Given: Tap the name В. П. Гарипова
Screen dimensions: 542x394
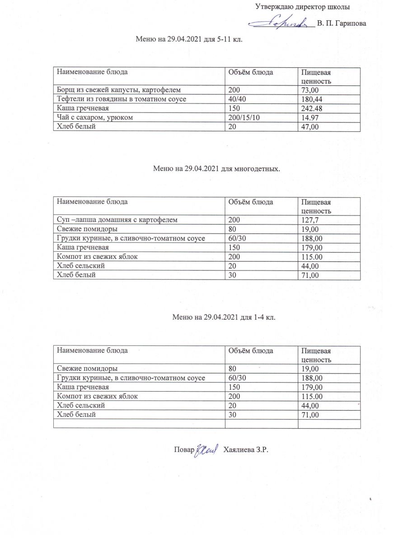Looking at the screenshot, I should (341, 23).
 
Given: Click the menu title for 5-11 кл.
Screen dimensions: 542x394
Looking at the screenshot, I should (189, 39).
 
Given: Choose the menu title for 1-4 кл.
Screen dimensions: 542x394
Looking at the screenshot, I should (224, 317).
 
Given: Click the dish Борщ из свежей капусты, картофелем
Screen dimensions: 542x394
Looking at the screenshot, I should (118, 90).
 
